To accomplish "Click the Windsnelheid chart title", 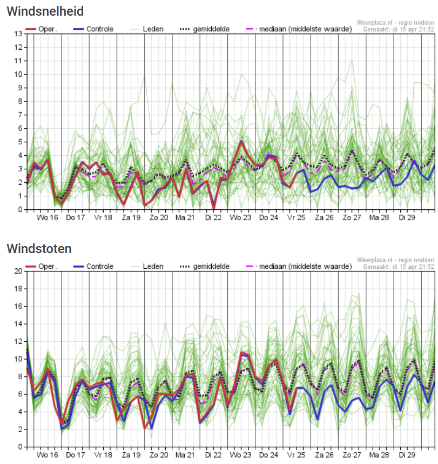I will [x=45, y=11].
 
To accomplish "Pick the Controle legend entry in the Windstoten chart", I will [x=97, y=266].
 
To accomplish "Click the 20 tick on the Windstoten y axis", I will [x=18, y=271].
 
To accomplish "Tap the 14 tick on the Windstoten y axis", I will [x=18, y=324].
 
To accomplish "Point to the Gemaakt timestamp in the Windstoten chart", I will [x=399, y=267].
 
